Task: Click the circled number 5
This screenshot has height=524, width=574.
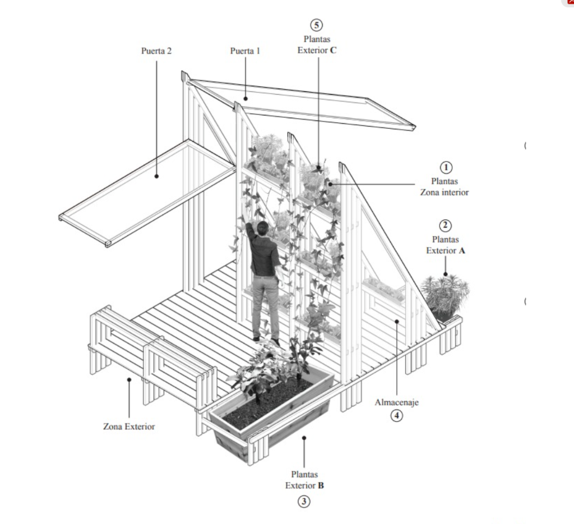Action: point(317,25)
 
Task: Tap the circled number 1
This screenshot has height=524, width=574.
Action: point(446,168)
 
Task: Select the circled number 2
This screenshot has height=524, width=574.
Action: point(445,225)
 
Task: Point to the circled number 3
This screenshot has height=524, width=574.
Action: point(303,502)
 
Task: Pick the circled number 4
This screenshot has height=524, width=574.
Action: point(396,416)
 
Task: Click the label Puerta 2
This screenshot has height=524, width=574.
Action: point(156,51)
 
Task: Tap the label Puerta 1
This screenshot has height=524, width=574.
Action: point(245,51)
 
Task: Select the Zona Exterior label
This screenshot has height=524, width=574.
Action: point(129,426)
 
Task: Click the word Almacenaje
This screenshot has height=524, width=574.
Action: point(396,402)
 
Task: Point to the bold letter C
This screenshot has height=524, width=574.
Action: point(333,50)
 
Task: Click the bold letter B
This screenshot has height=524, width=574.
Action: point(321,485)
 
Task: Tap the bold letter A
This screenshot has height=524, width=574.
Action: point(462,251)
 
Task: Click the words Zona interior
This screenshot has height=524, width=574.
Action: point(445,192)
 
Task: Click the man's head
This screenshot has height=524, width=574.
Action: point(262,228)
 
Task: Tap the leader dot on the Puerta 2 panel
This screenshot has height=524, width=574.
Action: point(157,176)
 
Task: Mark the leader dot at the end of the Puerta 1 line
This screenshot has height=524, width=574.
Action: point(246,98)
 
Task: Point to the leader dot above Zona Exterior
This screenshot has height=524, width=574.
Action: point(129,379)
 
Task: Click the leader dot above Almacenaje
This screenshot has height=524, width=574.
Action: point(397,321)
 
